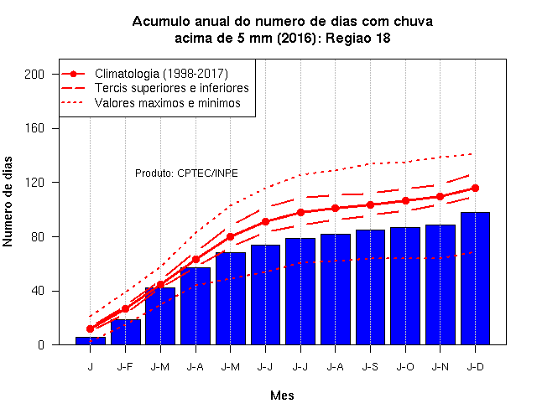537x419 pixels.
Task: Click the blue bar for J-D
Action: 475,278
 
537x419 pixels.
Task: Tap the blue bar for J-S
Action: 370,287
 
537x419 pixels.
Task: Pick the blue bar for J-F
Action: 126,332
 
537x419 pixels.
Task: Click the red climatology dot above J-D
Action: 476,188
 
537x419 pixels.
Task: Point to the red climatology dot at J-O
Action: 405,201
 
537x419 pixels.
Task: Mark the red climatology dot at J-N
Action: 440,197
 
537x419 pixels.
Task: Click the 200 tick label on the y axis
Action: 34,75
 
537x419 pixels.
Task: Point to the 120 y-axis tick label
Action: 34,183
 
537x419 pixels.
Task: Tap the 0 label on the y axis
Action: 41,344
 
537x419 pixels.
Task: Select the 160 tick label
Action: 34,128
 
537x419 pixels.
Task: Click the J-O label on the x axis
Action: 405,367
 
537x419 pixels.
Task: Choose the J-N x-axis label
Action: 440,367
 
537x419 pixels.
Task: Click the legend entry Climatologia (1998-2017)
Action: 161,74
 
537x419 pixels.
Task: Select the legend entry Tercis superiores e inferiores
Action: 171,88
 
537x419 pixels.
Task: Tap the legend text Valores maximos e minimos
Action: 168,103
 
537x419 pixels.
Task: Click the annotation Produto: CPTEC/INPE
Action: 186,173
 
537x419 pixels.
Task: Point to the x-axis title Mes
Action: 282,396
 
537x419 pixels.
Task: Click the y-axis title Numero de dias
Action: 8,201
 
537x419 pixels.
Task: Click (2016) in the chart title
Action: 297,38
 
